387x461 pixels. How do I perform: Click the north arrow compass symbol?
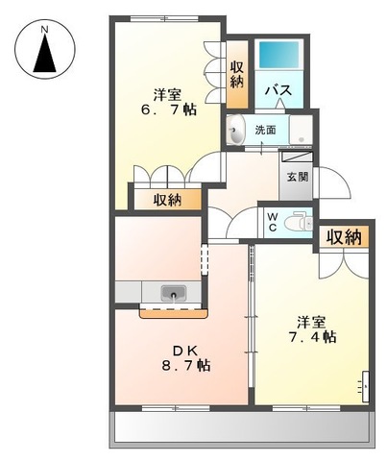click(x=45, y=54)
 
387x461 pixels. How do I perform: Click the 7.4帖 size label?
click(x=315, y=337)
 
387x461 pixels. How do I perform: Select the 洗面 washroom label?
click(x=266, y=130)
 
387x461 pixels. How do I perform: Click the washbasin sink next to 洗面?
click(x=237, y=132)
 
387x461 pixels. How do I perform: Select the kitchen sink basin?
click(x=174, y=293)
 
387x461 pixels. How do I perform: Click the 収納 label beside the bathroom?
click(x=237, y=74)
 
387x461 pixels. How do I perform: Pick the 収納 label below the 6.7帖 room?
click(x=168, y=200)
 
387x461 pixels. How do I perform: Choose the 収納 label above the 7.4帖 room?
click(x=343, y=236)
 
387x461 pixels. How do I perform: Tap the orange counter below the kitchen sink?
click(x=173, y=311)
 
